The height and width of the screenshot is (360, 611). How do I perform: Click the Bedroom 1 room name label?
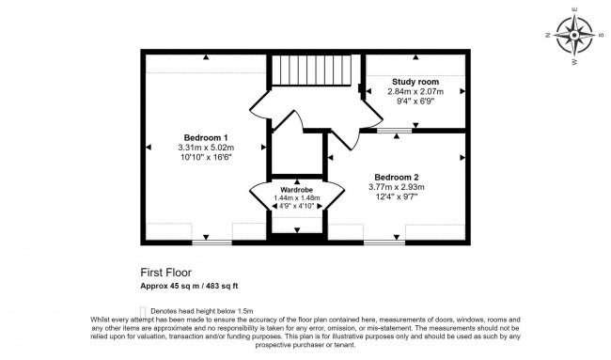[x=205, y=137]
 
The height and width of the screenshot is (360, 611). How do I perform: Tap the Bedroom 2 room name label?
[x=396, y=177]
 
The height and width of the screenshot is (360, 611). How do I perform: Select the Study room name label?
[x=415, y=83]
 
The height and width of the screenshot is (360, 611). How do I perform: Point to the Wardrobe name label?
[x=296, y=189]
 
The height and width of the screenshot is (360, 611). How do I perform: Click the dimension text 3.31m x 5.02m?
[x=205, y=148]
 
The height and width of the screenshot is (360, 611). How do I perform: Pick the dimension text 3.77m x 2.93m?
[x=396, y=187]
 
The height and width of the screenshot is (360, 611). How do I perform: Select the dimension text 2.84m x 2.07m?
[x=415, y=92]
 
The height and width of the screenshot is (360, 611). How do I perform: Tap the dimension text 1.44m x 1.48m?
[x=296, y=197]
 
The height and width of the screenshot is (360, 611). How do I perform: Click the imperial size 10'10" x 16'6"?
[x=205, y=158]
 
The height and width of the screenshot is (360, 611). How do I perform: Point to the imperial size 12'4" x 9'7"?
[x=396, y=197]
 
